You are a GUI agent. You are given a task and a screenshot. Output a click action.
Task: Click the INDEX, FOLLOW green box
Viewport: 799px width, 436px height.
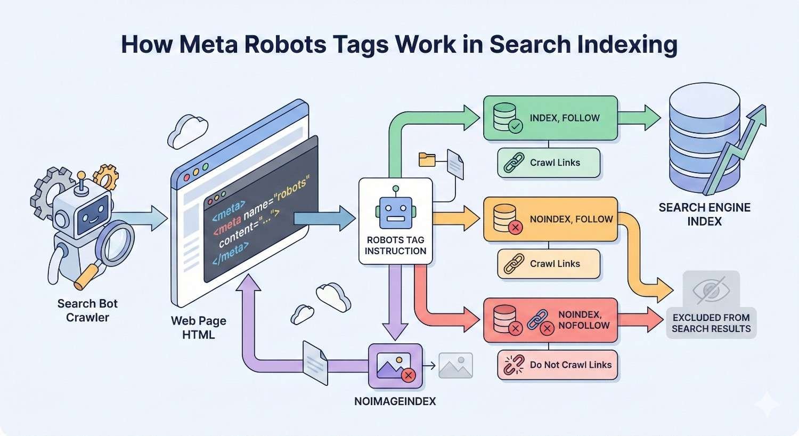pyautogui.click(x=550, y=118)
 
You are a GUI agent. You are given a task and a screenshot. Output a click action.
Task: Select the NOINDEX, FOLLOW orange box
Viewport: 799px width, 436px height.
pyautogui.click(x=550, y=220)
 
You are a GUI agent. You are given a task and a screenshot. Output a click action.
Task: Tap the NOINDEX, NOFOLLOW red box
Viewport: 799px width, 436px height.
pyautogui.click(x=550, y=320)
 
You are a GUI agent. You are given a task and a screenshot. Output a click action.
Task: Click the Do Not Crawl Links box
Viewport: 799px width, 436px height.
pyautogui.click(x=557, y=365)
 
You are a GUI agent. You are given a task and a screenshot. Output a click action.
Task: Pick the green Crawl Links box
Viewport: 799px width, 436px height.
pyautogui.click(x=549, y=163)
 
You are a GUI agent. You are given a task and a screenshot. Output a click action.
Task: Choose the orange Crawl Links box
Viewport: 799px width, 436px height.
pyautogui.click(x=549, y=264)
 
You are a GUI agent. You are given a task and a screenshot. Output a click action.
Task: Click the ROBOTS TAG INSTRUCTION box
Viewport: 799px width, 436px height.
pyautogui.click(x=395, y=221)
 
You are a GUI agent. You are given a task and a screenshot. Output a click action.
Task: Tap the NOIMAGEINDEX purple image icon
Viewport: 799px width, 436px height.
pyautogui.click(x=395, y=366)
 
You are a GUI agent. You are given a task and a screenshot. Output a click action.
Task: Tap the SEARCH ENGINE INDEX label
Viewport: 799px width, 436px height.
pyautogui.click(x=704, y=214)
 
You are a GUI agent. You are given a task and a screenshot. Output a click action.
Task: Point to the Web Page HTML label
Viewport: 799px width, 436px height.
pyautogui.click(x=198, y=328)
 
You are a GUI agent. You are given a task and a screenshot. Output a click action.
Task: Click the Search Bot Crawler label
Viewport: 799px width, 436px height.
pyautogui.click(x=87, y=310)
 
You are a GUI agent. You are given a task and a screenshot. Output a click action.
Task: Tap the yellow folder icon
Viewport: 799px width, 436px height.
pyautogui.click(x=427, y=158)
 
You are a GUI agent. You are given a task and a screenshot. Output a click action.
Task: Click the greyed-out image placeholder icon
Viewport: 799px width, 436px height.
pyautogui.click(x=455, y=366)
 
